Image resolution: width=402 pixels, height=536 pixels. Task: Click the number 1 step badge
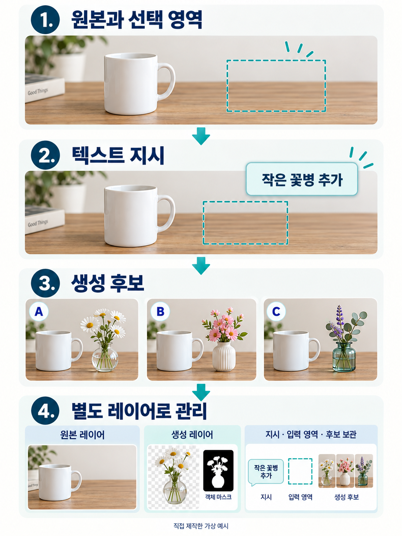(x=45, y=20)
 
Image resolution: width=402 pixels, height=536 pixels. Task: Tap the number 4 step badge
(x=45, y=411)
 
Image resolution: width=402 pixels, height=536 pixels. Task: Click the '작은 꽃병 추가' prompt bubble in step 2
(x=302, y=179)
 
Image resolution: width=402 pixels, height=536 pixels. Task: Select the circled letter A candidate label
(x=39, y=312)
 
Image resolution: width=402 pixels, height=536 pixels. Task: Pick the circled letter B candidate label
(x=160, y=312)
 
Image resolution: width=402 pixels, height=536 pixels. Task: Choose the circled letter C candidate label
(x=276, y=312)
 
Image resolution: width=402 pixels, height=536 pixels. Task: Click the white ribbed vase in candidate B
(x=224, y=356)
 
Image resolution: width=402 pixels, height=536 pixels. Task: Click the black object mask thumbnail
(x=218, y=470)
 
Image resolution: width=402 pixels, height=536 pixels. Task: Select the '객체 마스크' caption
(x=218, y=497)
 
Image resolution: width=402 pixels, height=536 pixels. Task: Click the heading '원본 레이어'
(x=82, y=435)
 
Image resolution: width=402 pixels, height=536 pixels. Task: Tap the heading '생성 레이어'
(x=192, y=435)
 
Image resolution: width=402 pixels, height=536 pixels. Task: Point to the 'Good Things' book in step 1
(x=45, y=88)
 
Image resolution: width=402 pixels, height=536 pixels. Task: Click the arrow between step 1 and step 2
(x=201, y=136)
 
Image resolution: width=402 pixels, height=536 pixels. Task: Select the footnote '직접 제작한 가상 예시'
(x=201, y=526)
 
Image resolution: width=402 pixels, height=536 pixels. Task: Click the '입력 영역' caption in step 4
(x=300, y=497)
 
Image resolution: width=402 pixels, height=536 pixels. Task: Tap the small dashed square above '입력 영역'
(x=300, y=471)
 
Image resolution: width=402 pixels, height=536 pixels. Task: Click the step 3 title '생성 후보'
(x=107, y=283)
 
